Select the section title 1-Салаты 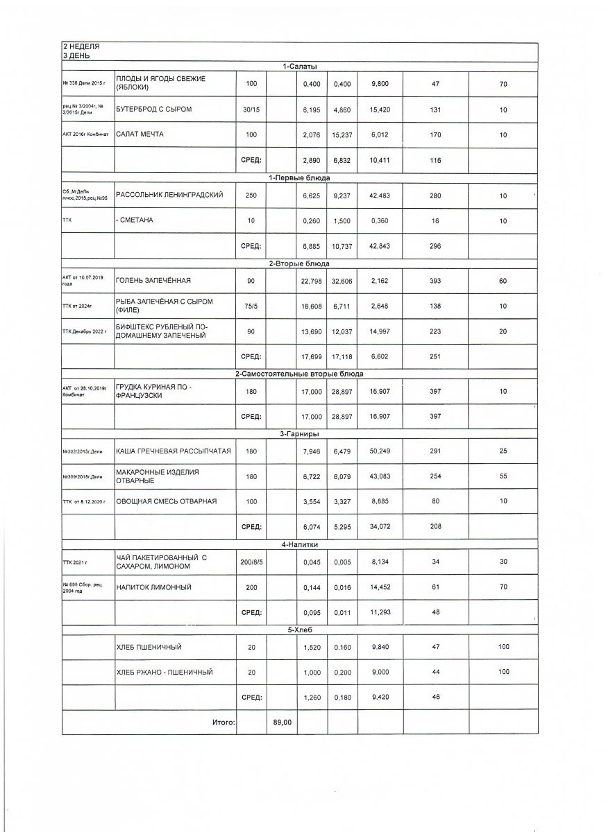click(300, 66)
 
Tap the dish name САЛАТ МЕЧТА click(140, 134)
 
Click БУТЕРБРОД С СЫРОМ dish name click(153, 109)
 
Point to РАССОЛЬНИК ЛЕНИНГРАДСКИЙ click(169, 196)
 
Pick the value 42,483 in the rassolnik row click(380, 196)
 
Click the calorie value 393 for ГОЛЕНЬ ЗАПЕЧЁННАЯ click(435, 281)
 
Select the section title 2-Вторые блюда click(300, 263)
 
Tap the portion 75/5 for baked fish click(251, 306)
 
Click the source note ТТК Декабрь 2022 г click(85, 332)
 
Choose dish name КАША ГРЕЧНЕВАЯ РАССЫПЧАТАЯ click(172, 451)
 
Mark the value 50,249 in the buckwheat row click(380, 451)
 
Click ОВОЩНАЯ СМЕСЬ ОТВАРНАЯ click(167, 501)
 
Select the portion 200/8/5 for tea click(251, 562)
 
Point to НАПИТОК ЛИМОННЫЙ click(153, 587)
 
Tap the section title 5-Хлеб click(300, 630)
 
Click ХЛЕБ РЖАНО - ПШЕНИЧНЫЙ click(164, 672)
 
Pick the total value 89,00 click(282, 722)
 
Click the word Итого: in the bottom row click(224, 722)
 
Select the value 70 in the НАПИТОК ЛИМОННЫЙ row click(503, 587)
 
